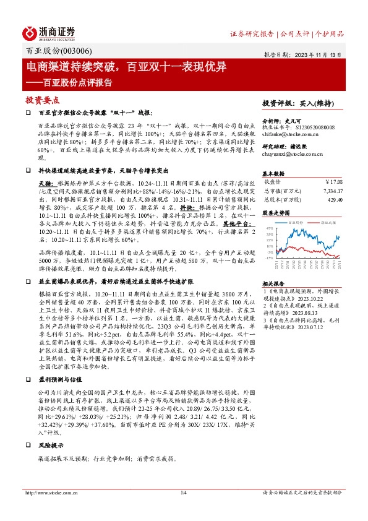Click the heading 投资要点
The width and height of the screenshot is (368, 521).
click(x=41, y=100)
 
